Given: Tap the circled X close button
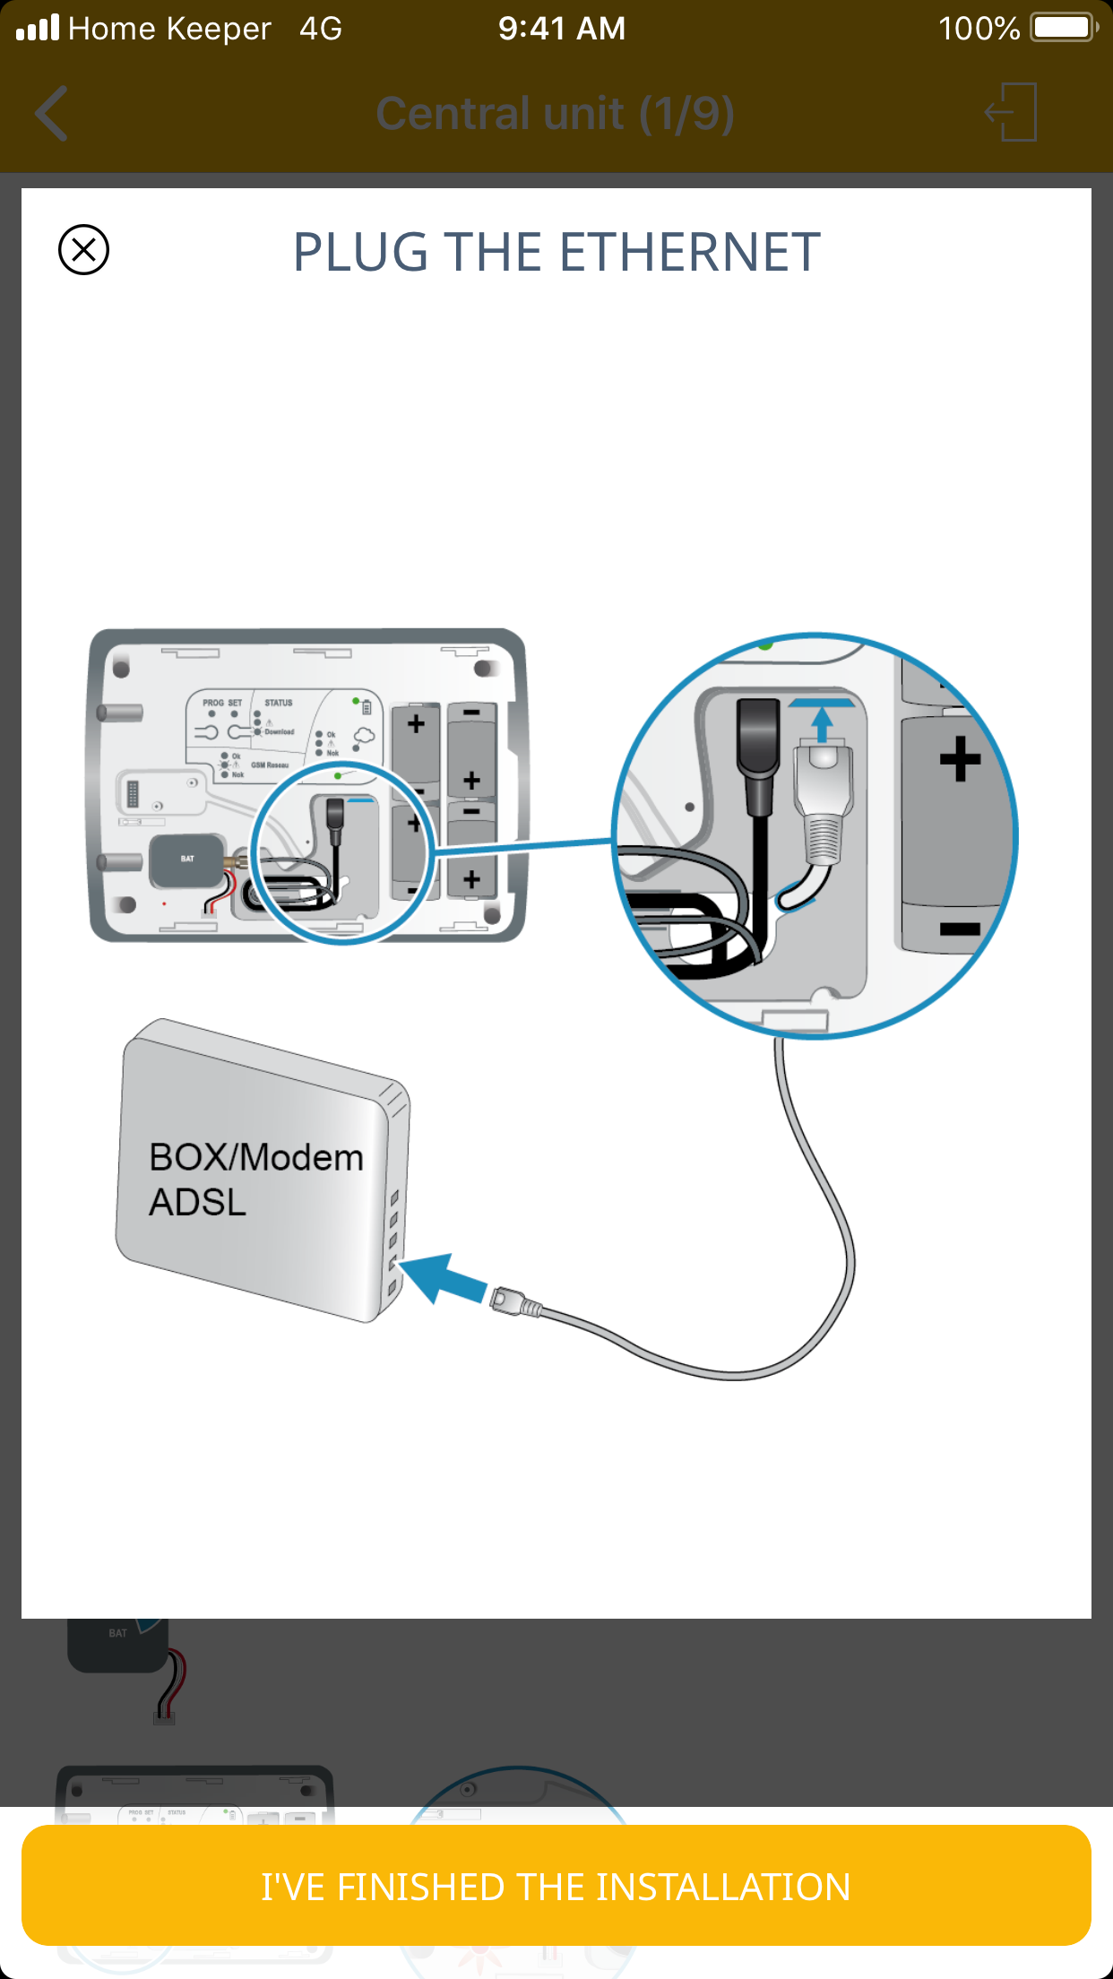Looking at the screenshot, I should coord(83,249).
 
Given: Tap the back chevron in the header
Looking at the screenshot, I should coord(52,114).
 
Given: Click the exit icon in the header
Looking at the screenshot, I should coord(1012,112).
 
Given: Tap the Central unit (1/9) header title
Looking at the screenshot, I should coord(556,114).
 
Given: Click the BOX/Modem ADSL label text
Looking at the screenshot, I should coord(255,1179).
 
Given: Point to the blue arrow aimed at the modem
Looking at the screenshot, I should coord(443,1277).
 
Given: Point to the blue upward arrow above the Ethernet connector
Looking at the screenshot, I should coord(822,721).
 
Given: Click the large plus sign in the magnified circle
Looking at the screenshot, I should coord(960,758).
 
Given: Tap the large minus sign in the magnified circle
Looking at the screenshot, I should coord(960,929).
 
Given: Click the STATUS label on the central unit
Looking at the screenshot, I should coord(278,703).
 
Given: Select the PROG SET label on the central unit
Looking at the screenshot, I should coord(222,703).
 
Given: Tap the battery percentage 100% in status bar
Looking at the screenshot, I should coord(979,29).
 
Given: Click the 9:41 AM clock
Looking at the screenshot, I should coord(562,29).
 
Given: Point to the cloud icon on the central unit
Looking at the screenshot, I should coord(363,737).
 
